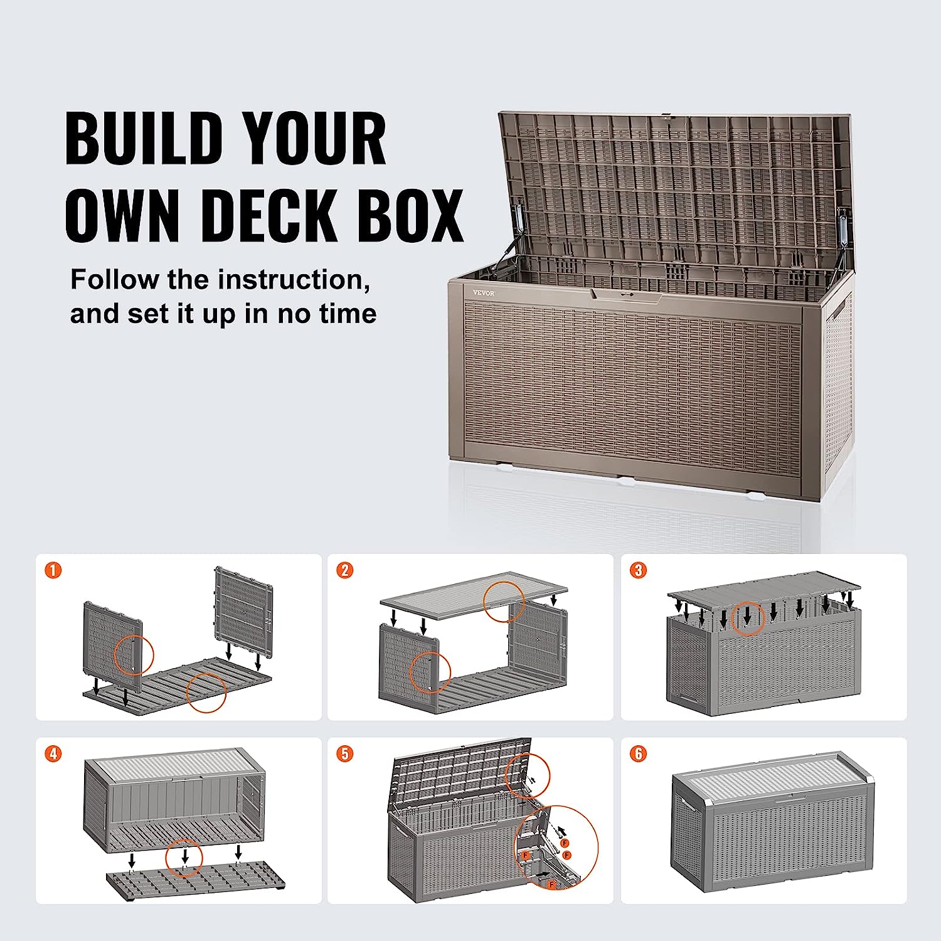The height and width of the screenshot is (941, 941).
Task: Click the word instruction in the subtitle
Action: coord(294,280)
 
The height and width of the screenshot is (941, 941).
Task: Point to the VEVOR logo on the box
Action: coord(484,293)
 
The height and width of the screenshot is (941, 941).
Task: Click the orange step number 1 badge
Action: coord(54,570)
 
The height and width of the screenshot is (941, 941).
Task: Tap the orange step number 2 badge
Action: coord(345,570)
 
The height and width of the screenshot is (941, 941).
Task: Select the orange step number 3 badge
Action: coord(639,570)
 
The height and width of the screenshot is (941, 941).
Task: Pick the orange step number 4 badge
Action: coord(54,753)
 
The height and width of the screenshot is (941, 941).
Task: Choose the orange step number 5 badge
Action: coord(345,753)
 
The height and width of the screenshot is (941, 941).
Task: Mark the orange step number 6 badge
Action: coord(639,753)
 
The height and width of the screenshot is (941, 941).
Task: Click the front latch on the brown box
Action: coord(625,295)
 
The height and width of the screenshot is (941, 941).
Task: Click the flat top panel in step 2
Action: coord(474,594)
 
